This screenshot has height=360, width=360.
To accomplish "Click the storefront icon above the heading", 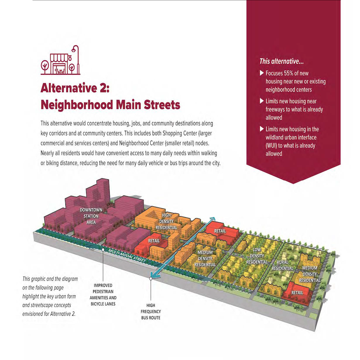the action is coord(60,60).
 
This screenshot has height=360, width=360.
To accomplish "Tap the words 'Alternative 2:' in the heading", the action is coord(75,88).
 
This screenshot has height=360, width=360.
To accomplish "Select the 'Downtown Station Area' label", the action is coord(91,216).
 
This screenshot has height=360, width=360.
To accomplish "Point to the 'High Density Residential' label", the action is coord(166,221).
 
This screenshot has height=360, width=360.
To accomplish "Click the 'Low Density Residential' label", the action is coord(257,256).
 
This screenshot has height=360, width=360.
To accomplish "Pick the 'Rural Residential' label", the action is coord(282,265).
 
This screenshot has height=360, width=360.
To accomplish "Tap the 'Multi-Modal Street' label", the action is coord(127,255).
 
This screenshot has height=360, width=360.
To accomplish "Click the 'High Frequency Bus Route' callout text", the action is coord(150,311).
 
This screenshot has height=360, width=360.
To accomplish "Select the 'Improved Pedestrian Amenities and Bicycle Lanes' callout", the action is coord(103,295).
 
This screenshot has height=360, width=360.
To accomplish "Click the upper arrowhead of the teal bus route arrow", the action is coord(213,219).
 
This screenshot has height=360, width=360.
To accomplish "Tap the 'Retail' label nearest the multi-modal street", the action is coord(154,241).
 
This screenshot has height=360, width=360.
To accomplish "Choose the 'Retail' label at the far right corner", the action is coord(297,293).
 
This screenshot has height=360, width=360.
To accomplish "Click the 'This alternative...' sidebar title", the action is coord(282,61).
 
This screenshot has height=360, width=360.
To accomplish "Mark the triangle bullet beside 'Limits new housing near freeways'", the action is coord(262,101).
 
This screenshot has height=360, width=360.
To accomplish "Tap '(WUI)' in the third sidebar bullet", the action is coord(271,146).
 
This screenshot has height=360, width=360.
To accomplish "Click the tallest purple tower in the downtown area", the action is coord(103,191).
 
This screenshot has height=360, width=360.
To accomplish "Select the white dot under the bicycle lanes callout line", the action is coord(103,250).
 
